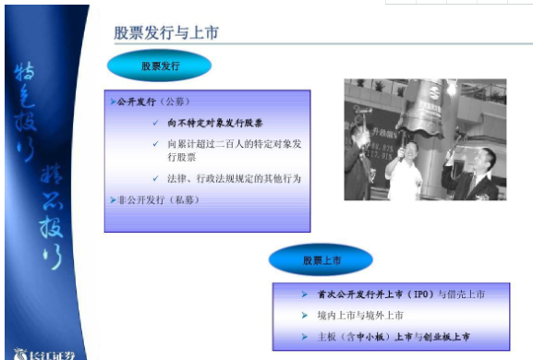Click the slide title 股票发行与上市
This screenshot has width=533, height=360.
click(x=166, y=33)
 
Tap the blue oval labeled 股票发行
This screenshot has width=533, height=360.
click(x=159, y=66)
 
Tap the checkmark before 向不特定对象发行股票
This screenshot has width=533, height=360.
click(x=156, y=122)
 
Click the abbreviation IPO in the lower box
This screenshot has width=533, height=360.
click(x=418, y=294)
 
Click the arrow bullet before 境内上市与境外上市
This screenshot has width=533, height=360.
click(x=306, y=315)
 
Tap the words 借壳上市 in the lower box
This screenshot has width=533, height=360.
click(x=463, y=294)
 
